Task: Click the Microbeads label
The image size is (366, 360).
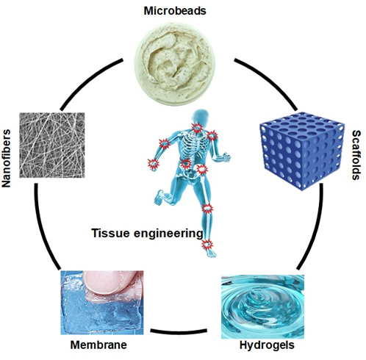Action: coord(175,11)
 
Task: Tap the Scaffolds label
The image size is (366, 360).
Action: coord(356,155)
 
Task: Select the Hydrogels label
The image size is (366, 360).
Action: coord(267,345)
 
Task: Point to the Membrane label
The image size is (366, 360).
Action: coord(98,345)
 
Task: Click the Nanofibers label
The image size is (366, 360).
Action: coord(6,159)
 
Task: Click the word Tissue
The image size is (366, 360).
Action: coord(110,233)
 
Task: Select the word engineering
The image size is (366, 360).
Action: coord(168,234)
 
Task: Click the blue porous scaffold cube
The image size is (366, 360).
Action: coord(301,151)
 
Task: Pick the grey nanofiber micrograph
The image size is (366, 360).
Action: coord(52,145)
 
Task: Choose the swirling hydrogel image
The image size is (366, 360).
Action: coord(262,306)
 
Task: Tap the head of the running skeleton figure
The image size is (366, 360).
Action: coord(201,117)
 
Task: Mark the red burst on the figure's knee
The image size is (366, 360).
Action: coord(207,209)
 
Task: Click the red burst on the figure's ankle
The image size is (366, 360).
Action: coord(207,245)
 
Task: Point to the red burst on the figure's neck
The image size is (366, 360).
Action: coord(196,128)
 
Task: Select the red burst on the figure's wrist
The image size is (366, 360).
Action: coord(154,164)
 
